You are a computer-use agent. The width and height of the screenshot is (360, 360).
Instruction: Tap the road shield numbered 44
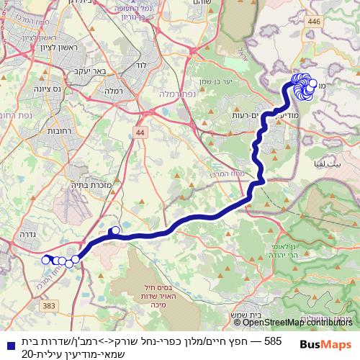click(139, 133)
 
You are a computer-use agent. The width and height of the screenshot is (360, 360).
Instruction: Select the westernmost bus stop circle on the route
click(46, 260)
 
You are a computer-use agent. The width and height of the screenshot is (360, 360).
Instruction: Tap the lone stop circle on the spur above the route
click(113, 231)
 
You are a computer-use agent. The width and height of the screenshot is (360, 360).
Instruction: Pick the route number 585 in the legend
click(274, 341)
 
